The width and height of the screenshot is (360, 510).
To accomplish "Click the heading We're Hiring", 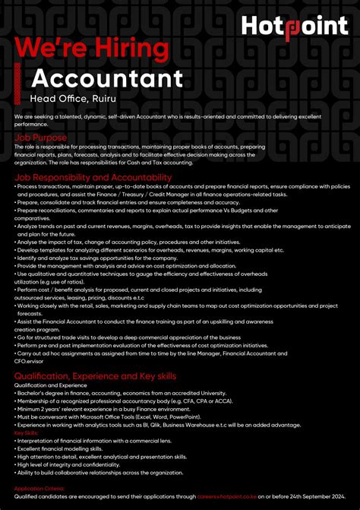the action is [x=93, y=48].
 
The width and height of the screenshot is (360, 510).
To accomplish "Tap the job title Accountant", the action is [x=107, y=78].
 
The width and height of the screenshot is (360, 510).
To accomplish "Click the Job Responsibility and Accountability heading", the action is [x=93, y=177].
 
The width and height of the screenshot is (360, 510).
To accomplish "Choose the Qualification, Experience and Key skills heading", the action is [x=95, y=375].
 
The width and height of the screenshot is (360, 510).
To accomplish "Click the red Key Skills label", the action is [x=27, y=432].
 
